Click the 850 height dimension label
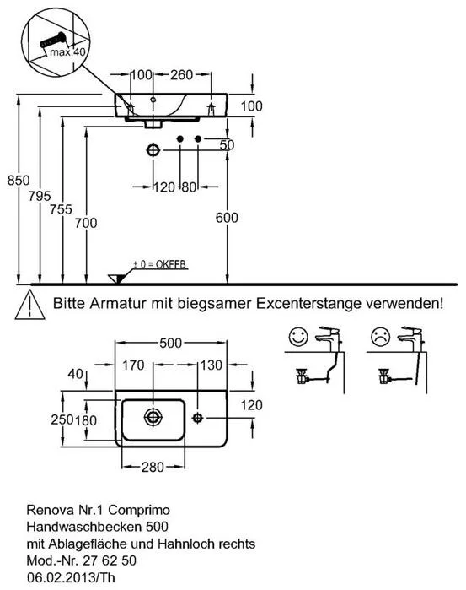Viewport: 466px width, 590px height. coord(19,181)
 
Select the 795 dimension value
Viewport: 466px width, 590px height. coord(40,196)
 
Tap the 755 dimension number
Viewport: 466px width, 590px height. coord(61,209)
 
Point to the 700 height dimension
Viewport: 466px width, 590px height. coord(86,223)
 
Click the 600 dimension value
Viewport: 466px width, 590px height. coord(227,218)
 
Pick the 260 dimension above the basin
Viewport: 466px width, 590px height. coord(181,75)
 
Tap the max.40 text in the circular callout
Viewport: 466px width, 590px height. coord(67,52)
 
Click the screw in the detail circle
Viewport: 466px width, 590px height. coord(52,40)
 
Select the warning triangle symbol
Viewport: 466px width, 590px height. coord(30,305)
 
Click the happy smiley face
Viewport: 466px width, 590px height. coord(299,337)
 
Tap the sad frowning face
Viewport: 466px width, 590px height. coord(381,337)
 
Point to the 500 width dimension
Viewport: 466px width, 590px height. coord(170,343)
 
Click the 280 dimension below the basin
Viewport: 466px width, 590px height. coord(153,467)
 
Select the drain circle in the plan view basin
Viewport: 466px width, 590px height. coord(153,418)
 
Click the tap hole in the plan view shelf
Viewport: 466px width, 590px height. coord(198,418)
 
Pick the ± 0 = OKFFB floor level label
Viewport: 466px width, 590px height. coord(160,264)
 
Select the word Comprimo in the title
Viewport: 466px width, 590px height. coord(139,510)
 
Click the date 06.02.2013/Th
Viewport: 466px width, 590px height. coord(71,577)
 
